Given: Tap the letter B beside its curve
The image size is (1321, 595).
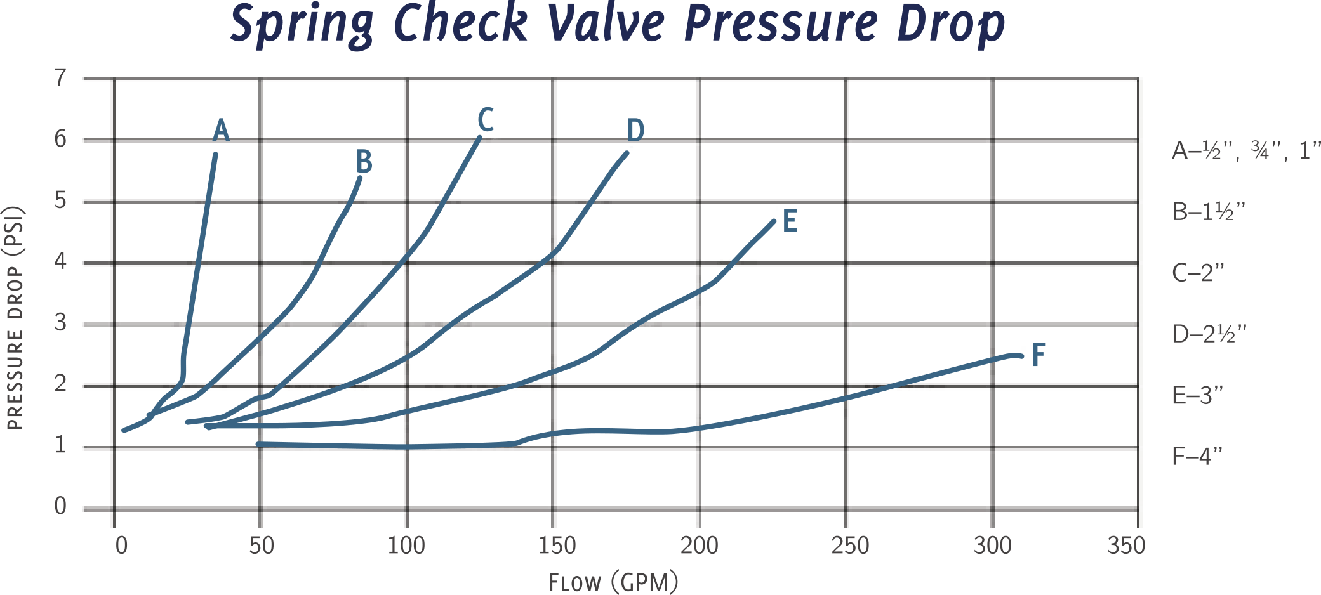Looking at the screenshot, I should [363, 162].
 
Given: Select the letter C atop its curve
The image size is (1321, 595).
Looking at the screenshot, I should [485, 120].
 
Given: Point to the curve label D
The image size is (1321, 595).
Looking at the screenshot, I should [635, 131].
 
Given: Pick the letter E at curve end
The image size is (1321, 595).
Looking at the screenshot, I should [790, 222].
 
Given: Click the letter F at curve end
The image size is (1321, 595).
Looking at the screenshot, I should [1038, 355].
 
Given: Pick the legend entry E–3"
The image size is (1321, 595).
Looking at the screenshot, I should [1197, 395].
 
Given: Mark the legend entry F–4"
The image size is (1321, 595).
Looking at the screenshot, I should [1197, 456].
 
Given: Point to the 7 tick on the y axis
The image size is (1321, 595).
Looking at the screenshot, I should [61, 78].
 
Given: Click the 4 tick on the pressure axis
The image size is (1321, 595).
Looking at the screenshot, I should [61, 261].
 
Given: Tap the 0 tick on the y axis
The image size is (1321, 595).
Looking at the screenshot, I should [61, 507].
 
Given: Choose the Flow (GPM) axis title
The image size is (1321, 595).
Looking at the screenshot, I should [613, 581].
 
